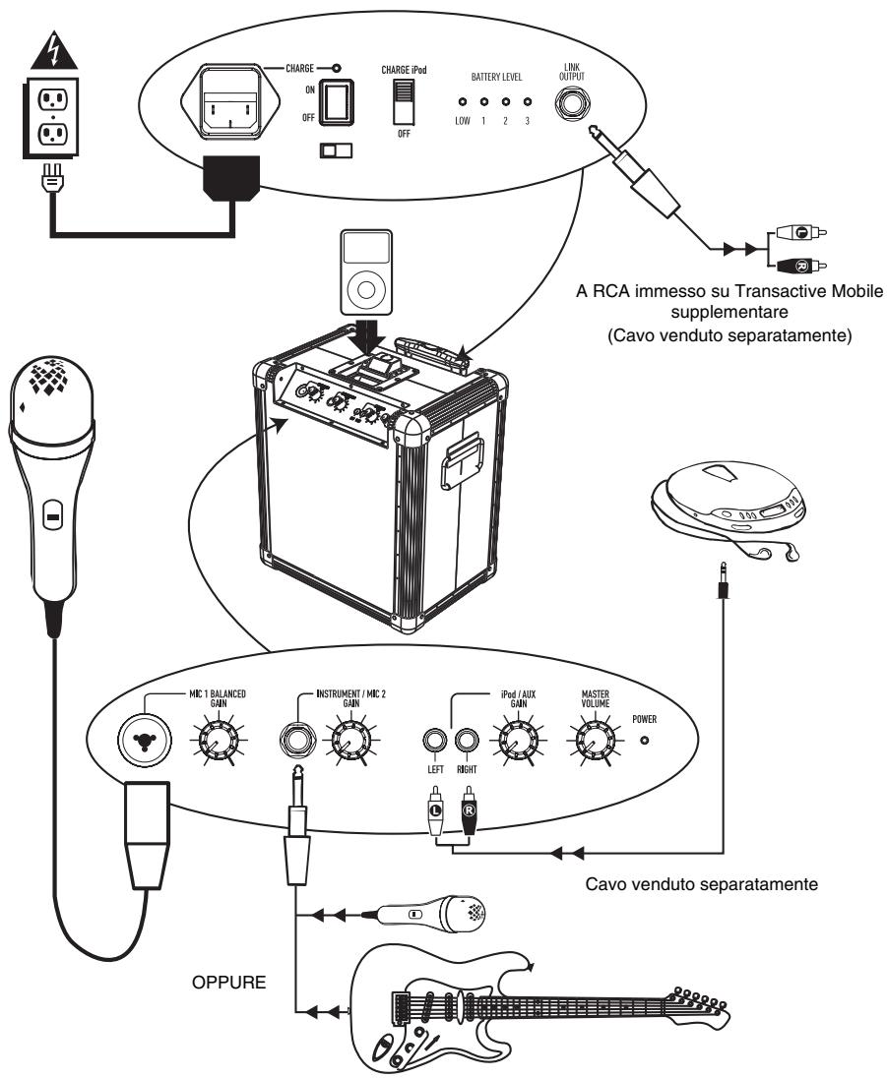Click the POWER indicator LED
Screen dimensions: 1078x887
645,738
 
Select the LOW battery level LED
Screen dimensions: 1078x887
462,102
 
